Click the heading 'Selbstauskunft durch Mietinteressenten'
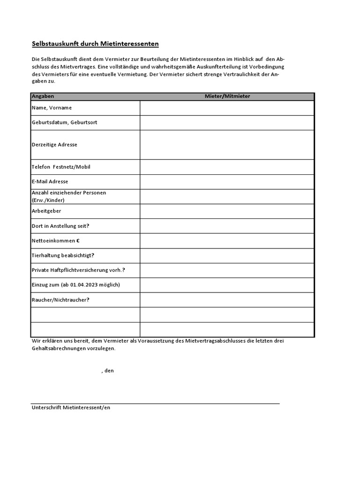click(95, 44)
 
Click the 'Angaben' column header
click(43, 96)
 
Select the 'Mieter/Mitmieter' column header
click(227, 96)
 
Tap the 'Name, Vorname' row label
click(52, 108)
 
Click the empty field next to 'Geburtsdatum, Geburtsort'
click(227, 123)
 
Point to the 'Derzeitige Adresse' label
click(54, 145)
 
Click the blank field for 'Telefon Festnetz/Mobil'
click(227, 167)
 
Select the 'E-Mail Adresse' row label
click(50, 181)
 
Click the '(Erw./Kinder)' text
click(48, 200)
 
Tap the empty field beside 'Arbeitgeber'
click(227, 211)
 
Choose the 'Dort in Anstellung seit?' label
click(60, 226)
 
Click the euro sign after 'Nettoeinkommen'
click(78, 241)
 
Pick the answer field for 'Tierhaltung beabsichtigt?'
click(227, 255)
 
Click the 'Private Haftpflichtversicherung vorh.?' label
click(78, 270)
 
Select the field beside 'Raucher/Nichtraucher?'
click(227, 300)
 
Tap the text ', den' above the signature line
click(107, 371)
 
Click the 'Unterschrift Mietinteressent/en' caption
click(71, 408)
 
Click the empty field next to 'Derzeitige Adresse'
click(227, 145)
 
